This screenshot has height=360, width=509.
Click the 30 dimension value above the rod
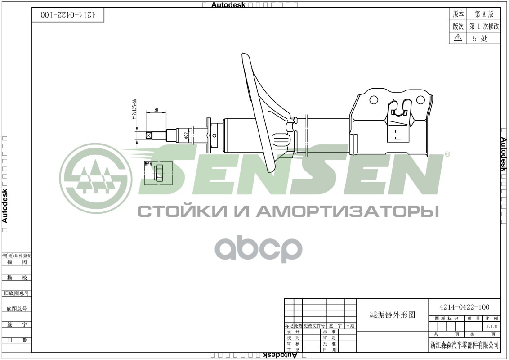click(156, 110)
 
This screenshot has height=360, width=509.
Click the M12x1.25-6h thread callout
click(134, 109)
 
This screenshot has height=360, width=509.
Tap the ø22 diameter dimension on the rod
click(186, 135)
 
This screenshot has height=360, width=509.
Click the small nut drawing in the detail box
click(158, 172)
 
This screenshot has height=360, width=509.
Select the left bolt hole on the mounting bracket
click(374, 99)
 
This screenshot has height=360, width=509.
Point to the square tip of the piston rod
click(149, 135)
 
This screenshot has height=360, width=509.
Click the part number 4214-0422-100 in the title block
click(464, 307)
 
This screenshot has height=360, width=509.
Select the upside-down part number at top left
click(68, 14)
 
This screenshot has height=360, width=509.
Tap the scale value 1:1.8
click(491, 326)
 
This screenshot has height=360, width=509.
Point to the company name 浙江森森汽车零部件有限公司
click(464, 345)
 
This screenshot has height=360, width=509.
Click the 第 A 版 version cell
click(484, 14)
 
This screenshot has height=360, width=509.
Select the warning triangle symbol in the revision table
click(458, 38)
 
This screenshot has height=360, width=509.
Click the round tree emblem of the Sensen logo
click(95, 179)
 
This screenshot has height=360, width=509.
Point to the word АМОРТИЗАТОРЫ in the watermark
click(349, 211)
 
